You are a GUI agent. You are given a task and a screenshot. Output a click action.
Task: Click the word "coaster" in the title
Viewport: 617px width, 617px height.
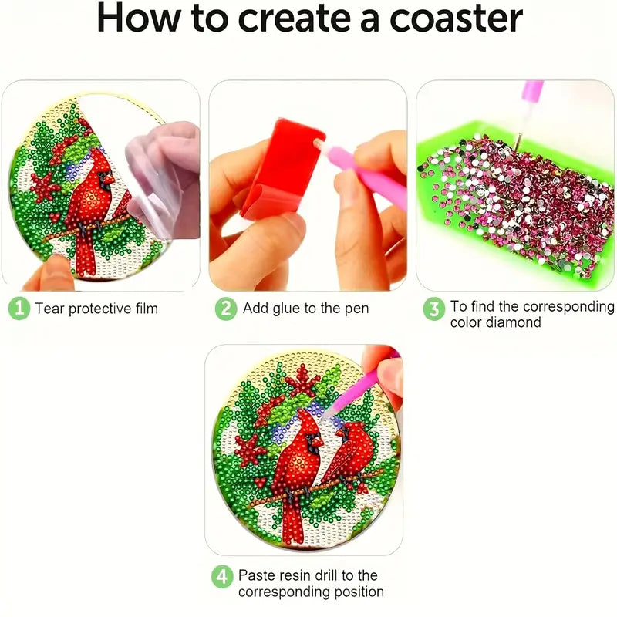coord(456,19)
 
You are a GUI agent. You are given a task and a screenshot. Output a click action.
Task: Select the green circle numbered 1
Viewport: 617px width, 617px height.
coord(19,308)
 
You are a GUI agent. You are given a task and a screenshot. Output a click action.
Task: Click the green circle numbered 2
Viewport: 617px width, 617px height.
coord(226,308)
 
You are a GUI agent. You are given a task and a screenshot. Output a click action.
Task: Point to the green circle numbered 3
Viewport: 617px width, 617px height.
coord(434,309)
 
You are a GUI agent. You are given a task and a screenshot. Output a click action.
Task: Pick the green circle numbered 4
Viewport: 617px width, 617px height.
coord(222,577)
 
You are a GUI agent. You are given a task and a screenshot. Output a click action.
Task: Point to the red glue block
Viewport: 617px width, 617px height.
coord(281,169)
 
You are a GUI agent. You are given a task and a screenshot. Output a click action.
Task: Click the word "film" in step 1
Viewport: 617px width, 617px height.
coord(147,308)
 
